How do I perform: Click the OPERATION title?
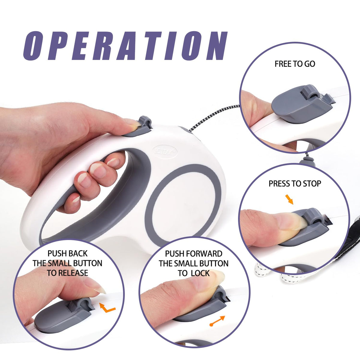pyautogui.click(x=125, y=46)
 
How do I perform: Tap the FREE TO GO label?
pyautogui.click(x=295, y=64)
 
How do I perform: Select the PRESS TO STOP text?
pyautogui.click(x=295, y=184)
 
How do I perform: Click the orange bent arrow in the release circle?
pyautogui.click(x=107, y=308)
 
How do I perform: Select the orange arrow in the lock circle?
pyautogui.click(x=217, y=321)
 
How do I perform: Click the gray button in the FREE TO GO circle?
pyautogui.click(x=303, y=104)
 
